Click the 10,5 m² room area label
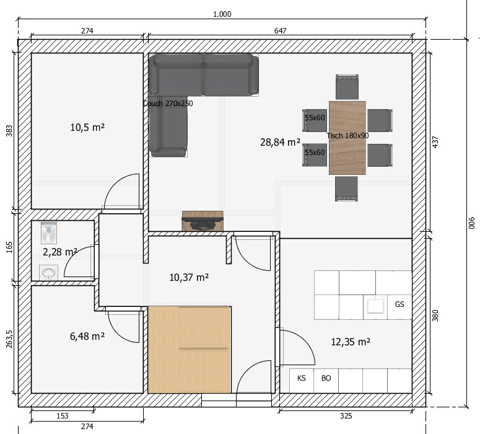coord(87,127)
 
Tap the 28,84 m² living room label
coord(280,142)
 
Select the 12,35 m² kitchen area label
coord(351,342)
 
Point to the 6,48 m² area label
coord(87,336)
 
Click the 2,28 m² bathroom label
coord(59,252)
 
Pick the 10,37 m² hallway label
coord(189,277)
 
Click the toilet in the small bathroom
coord(49,232)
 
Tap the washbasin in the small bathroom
coord(49,272)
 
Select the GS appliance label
coord(399,304)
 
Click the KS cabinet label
coord(301,378)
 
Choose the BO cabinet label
coord(326,378)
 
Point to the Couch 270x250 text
coord(168,104)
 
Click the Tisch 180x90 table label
coord(347,136)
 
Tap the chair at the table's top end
coord(347,87)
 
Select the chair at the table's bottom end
coord(346,188)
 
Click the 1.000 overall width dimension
coord(222,14)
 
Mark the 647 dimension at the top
coord(280,30)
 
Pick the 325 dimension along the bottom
coord(346,416)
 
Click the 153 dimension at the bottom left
coord(63,416)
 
